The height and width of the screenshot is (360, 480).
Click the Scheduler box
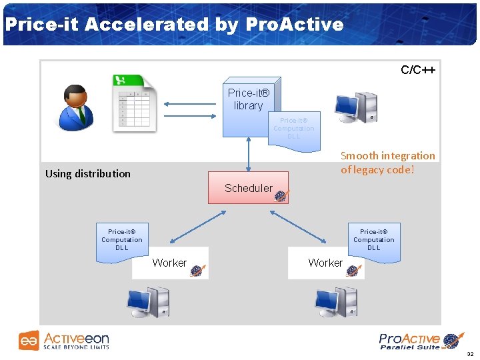[x=248, y=187]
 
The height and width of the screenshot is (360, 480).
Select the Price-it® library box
[x=248, y=100]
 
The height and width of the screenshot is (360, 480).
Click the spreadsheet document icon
[x=133, y=104]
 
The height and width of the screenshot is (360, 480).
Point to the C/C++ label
[x=417, y=70]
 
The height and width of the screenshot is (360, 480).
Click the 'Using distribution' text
[x=88, y=173]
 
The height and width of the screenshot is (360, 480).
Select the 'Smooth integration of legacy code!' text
[x=387, y=162]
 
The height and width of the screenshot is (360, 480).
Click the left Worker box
[x=171, y=263]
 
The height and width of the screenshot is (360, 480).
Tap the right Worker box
[x=326, y=263]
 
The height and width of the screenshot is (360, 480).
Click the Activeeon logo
[x=64, y=341]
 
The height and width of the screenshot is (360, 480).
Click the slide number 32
[x=470, y=354]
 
